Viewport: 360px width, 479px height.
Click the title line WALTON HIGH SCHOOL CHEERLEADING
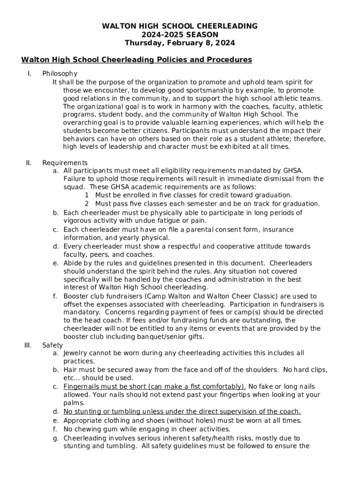click(180, 26)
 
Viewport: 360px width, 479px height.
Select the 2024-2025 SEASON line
click(180, 35)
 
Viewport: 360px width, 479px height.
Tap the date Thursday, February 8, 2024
click(180, 43)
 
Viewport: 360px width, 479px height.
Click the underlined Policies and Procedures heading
click(137, 60)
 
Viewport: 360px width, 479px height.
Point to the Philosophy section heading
click(60, 73)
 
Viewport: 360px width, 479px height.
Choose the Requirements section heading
click(65, 163)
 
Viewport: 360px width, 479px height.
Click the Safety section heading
click(52, 345)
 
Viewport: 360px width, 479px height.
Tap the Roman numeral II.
click(29, 163)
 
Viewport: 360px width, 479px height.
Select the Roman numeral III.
click(28, 345)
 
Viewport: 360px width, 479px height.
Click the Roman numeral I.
click(29, 73)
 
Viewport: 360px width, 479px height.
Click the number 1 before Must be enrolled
click(87, 195)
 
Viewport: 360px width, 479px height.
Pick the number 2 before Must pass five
click(87, 203)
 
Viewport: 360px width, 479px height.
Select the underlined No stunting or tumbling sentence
click(182, 412)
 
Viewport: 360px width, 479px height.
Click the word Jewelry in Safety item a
click(76, 353)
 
